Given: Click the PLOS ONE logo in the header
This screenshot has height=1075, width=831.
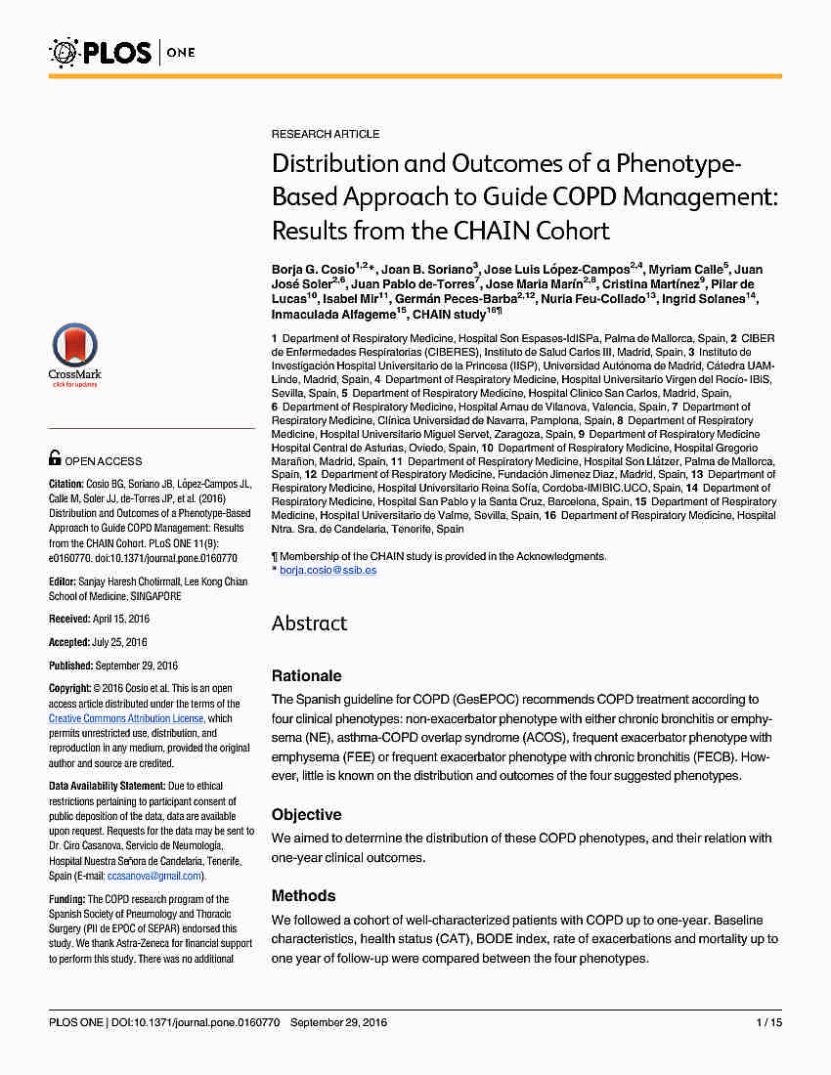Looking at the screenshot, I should (121, 51).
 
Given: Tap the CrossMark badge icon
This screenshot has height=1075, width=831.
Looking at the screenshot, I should (74, 353).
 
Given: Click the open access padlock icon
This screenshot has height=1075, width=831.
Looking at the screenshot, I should (56, 457).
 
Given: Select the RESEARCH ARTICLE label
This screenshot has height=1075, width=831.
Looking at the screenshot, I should (326, 134).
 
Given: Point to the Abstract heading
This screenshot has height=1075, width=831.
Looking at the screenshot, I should (309, 623).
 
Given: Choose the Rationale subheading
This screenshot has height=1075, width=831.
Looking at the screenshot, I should (306, 675).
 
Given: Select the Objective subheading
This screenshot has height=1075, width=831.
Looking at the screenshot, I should (306, 814).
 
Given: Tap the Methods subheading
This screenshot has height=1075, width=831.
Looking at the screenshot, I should (303, 895).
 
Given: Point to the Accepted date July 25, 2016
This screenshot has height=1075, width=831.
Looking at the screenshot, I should (119, 642).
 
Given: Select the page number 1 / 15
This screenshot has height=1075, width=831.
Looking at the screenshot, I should (769, 1022).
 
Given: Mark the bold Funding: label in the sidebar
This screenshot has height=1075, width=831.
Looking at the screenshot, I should (66, 899).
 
